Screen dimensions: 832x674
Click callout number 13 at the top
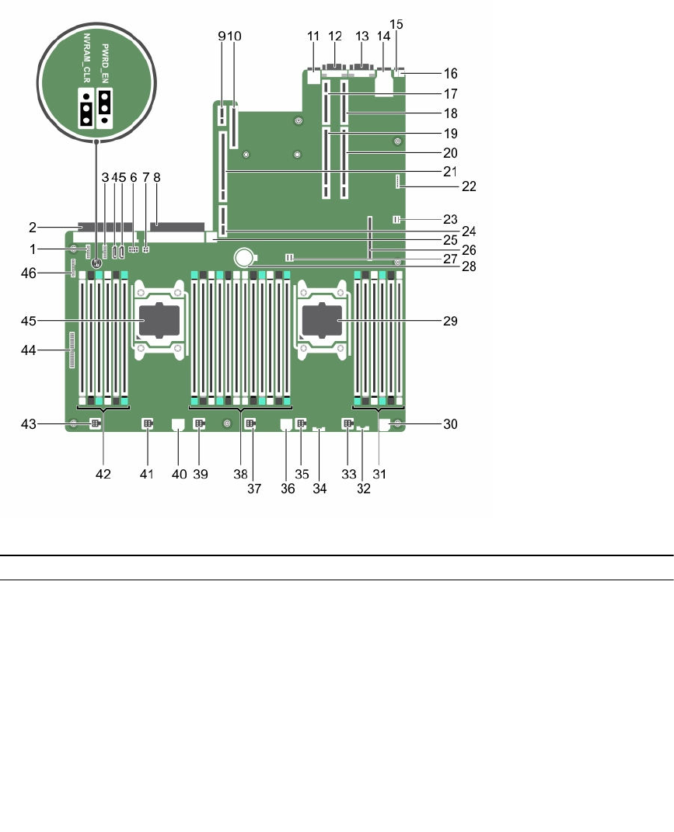pos(361,36)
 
